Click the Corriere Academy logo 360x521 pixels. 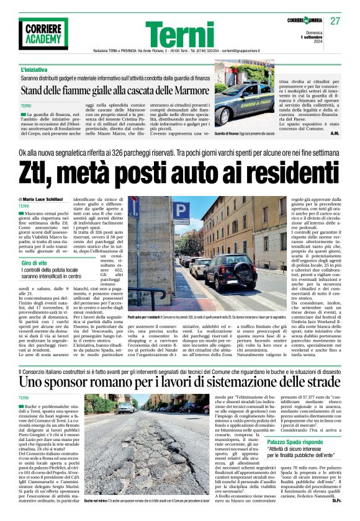point(43,33)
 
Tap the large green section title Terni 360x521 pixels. point(180,35)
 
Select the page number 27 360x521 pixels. point(335,20)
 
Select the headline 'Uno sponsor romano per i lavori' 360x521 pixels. point(180,378)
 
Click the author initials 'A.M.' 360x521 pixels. point(334,133)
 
